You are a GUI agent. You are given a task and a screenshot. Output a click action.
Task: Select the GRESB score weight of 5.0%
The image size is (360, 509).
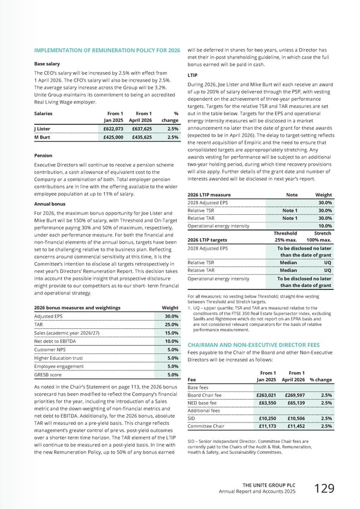171,375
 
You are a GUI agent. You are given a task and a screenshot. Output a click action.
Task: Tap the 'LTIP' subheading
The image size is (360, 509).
193,76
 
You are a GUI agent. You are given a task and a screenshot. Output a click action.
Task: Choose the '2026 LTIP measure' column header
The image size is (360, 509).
209,195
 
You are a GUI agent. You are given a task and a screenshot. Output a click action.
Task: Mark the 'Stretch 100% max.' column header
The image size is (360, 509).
318,237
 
